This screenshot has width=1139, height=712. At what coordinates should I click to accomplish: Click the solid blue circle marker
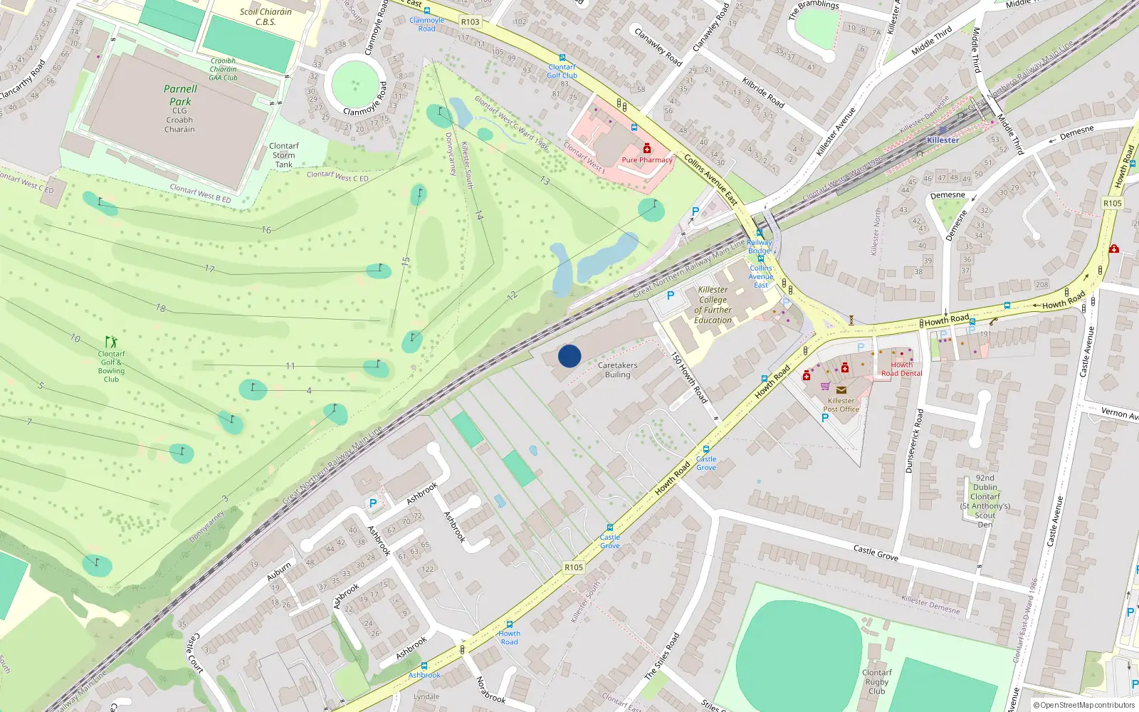(x=569, y=356)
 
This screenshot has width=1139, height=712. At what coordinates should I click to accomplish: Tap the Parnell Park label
(x=180, y=95)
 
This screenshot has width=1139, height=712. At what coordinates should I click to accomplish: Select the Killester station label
(x=943, y=140)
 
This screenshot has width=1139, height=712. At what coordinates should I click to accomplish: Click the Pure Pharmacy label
(x=646, y=159)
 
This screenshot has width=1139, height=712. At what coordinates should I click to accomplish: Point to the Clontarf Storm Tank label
(x=284, y=155)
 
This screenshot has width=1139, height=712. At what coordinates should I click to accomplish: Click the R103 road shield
(x=470, y=22)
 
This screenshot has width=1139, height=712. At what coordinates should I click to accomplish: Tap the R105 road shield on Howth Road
(x=574, y=567)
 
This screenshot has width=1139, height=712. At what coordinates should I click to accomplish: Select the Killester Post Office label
(x=841, y=405)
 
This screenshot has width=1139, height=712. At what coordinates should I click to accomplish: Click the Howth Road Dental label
(x=901, y=369)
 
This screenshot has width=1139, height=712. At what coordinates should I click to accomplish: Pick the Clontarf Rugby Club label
(x=877, y=681)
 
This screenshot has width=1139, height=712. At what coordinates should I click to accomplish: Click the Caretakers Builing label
(x=617, y=370)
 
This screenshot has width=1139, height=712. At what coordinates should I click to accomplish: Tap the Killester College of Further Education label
(x=713, y=305)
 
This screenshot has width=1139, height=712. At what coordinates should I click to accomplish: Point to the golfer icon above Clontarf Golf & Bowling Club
(x=110, y=342)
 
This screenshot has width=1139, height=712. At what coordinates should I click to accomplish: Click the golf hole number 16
(x=266, y=230)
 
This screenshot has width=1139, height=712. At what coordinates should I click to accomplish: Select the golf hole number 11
(x=290, y=366)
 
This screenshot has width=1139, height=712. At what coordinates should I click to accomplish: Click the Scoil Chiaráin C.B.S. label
(x=266, y=16)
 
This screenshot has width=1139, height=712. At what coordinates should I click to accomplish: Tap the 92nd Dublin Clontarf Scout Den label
(x=985, y=501)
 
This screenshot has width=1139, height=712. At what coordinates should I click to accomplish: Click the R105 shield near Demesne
(x=1112, y=203)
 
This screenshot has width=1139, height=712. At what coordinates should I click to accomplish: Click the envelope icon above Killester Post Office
(x=841, y=390)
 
